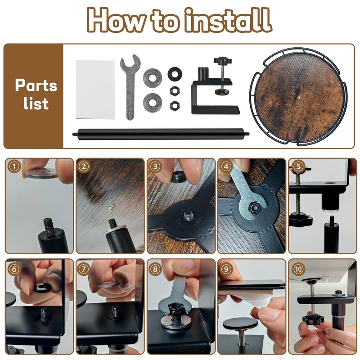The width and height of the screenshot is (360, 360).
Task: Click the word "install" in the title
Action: click(228, 20)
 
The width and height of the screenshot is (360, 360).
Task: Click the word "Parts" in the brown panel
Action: click(36, 85)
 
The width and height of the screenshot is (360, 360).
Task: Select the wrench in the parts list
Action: click(130, 87)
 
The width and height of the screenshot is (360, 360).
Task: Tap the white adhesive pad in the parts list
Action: click(95, 90)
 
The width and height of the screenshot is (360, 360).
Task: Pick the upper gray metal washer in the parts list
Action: click(153, 78)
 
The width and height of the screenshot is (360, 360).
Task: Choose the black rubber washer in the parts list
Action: click(175, 74)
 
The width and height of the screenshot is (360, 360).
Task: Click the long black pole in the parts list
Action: click(161, 134)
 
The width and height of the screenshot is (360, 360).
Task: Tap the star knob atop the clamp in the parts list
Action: click(222, 61)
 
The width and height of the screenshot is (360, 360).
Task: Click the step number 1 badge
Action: click(14, 166)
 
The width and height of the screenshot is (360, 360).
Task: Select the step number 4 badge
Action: click(226, 166)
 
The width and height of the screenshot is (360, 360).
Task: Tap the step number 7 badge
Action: click(83, 269)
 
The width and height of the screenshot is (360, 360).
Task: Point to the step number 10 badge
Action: click(298, 269)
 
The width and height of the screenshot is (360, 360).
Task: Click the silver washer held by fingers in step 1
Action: click(41, 173)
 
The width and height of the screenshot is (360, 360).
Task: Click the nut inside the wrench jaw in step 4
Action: click(255, 208)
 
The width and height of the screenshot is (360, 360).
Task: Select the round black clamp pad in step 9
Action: click(240, 324)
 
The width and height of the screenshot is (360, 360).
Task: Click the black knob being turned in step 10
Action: click(313, 319)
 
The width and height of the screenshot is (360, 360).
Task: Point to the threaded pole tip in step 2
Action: click(112, 223)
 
